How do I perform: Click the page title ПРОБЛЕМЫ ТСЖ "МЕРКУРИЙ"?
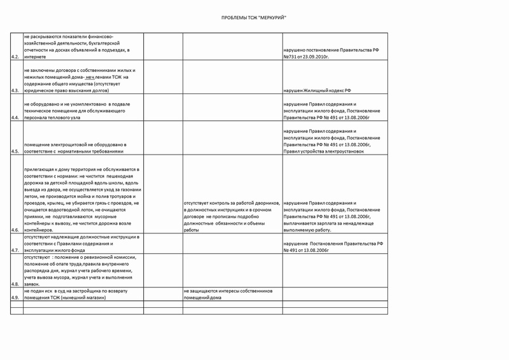pos(254,17)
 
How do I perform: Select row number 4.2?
pos(15,58)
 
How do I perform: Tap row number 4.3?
pos(15,92)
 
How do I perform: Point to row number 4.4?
pos(15,118)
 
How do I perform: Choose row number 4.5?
pos(15,151)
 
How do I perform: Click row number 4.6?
pos(15,230)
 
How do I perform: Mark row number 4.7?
pos(15,251)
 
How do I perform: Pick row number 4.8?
pos(15,284)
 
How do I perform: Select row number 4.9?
pos(15,298)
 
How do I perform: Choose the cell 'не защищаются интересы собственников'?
pos(228,291)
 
